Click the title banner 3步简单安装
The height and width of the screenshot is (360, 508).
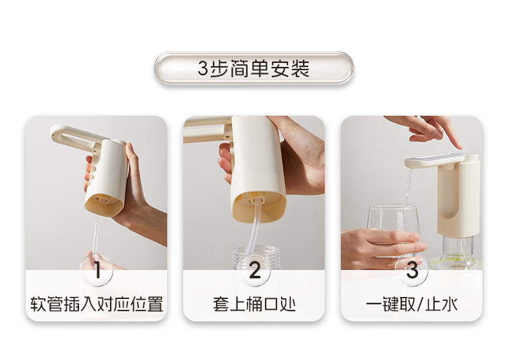pyautogui.click(x=253, y=68)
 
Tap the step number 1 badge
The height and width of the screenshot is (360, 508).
pyautogui.click(x=97, y=270)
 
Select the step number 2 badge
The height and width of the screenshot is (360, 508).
pyautogui.click(x=255, y=270)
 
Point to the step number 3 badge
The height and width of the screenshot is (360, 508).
pyautogui.click(x=412, y=270)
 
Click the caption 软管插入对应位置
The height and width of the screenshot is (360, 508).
pyautogui.click(x=96, y=304)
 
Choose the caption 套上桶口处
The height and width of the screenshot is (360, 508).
pyautogui.click(x=254, y=304)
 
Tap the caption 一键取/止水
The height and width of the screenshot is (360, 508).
pyautogui.click(x=412, y=304)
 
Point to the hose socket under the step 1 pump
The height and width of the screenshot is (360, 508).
pyautogui.click(x=104, y=200)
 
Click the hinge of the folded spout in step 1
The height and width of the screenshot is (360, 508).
pyautogui.click(x=95, y=150)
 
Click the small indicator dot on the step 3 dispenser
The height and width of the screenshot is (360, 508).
pyautogui.click(x=452, y=213)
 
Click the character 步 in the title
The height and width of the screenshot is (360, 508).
pyautogui.click(x=220, y=68)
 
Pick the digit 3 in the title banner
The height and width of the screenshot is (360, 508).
pyautogui.click(x=203, y=69)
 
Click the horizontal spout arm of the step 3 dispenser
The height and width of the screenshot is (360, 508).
pyautogui.click(x=434, y=161)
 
